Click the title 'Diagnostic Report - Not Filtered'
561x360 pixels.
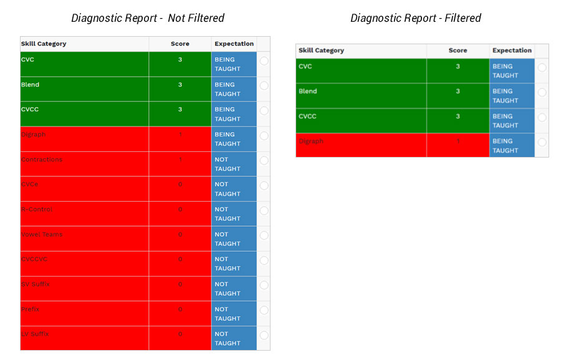148,18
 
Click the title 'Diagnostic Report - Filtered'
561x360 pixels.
416,18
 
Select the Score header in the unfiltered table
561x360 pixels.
180,44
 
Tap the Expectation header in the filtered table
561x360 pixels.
512,50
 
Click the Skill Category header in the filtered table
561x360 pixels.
321,50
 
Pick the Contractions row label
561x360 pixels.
42,159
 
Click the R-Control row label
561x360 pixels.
37,209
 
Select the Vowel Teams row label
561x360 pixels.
42,234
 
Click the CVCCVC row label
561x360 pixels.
35,259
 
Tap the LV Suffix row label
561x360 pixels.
35,334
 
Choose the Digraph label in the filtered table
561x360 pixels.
311,141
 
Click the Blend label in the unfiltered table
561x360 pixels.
31,85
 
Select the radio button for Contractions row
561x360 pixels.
264,160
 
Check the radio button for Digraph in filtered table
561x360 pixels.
542,142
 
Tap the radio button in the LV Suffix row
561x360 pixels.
264,335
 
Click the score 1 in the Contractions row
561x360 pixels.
180,159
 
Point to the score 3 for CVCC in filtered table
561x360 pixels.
458,116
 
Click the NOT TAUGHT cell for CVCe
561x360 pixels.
228,189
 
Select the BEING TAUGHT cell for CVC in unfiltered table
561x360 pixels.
228,64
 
